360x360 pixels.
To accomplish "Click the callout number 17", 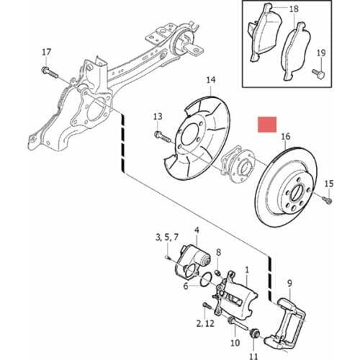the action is pos(47,52).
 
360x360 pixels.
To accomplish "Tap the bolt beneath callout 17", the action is pos(50,73).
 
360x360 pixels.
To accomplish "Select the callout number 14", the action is pos(211,80).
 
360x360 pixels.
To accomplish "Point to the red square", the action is pos(267,125).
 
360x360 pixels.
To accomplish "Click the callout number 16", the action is pos(286,137).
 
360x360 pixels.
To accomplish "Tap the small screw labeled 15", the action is pos(328,199).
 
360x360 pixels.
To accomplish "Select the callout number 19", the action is pos(321,53).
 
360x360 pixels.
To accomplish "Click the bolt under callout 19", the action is pos(318,73).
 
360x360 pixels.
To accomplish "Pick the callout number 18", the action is pos(294,9).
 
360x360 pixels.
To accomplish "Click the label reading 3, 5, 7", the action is pos(167,238).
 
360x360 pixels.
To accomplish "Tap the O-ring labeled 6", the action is pos(207,279).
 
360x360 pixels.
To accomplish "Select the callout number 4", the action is pos(197,230).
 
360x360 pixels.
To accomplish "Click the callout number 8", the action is pos(218,253).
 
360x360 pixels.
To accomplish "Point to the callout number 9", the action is pos(290,284).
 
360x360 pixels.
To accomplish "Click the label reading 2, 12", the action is pos(205,324).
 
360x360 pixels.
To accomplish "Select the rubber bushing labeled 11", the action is pos(255,333).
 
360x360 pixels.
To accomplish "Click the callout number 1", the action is pos(247,270).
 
